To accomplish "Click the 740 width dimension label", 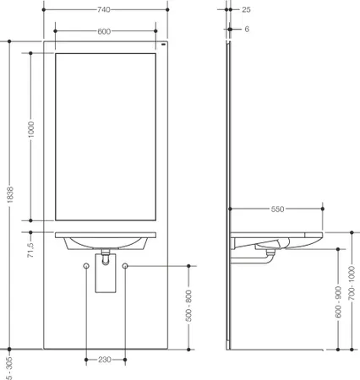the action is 104,9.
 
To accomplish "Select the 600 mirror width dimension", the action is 104,31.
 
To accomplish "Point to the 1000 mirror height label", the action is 30,129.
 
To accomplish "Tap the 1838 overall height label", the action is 10,194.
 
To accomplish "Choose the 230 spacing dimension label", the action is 105,360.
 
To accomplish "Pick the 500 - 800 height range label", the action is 188,307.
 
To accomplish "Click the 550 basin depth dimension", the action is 277,209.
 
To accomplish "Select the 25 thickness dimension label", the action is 246,9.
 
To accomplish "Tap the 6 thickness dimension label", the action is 247,29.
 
